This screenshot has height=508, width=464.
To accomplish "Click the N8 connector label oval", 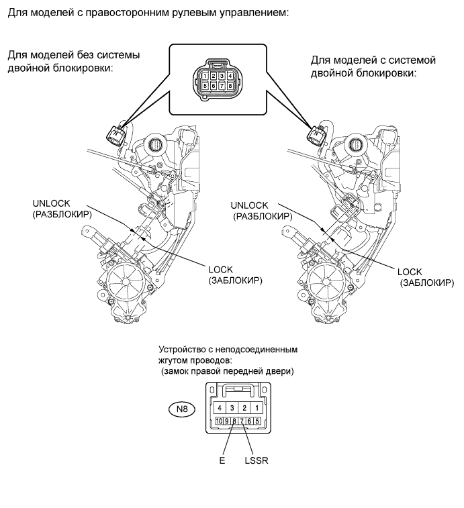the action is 182,409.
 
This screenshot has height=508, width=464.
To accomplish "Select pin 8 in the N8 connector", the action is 234,421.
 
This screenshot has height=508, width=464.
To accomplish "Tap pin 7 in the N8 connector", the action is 242,421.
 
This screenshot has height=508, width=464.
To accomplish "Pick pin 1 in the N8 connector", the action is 257,408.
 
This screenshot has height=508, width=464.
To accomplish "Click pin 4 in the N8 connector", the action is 220,408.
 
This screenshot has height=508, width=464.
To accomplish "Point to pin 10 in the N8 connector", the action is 219,421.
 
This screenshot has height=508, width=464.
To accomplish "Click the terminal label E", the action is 222,460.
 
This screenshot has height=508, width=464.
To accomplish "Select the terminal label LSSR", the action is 257,460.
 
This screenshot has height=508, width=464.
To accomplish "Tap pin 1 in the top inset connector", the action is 205,77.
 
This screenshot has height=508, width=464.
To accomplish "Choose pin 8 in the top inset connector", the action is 230,86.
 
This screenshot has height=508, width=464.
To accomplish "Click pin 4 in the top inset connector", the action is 230,77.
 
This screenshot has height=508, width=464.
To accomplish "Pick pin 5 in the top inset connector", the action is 205,86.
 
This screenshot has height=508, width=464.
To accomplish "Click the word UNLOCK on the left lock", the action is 51,203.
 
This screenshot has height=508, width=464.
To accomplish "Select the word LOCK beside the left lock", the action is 220,270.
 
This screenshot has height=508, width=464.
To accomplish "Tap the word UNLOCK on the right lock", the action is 249,205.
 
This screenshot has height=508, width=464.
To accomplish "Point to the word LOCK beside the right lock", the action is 410,272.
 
